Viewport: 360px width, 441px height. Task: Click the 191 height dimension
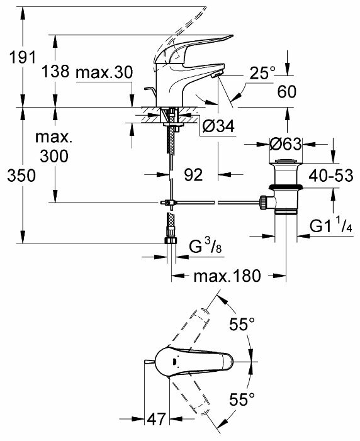[x=23, y=57]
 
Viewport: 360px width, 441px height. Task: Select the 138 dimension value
[x=55, y=71]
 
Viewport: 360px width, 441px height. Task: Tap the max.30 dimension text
[x=104, y=72]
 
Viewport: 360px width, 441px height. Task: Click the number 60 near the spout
[x=287, y=92]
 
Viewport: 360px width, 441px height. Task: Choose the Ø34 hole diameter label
[x=218, y=126]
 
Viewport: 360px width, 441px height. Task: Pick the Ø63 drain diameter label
[x=285, y=144]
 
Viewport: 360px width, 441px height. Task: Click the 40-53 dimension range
[x=330, y=176]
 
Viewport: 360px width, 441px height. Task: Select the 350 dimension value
[x=21, y=176]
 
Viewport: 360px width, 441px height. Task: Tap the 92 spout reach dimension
[x=193, y=175]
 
